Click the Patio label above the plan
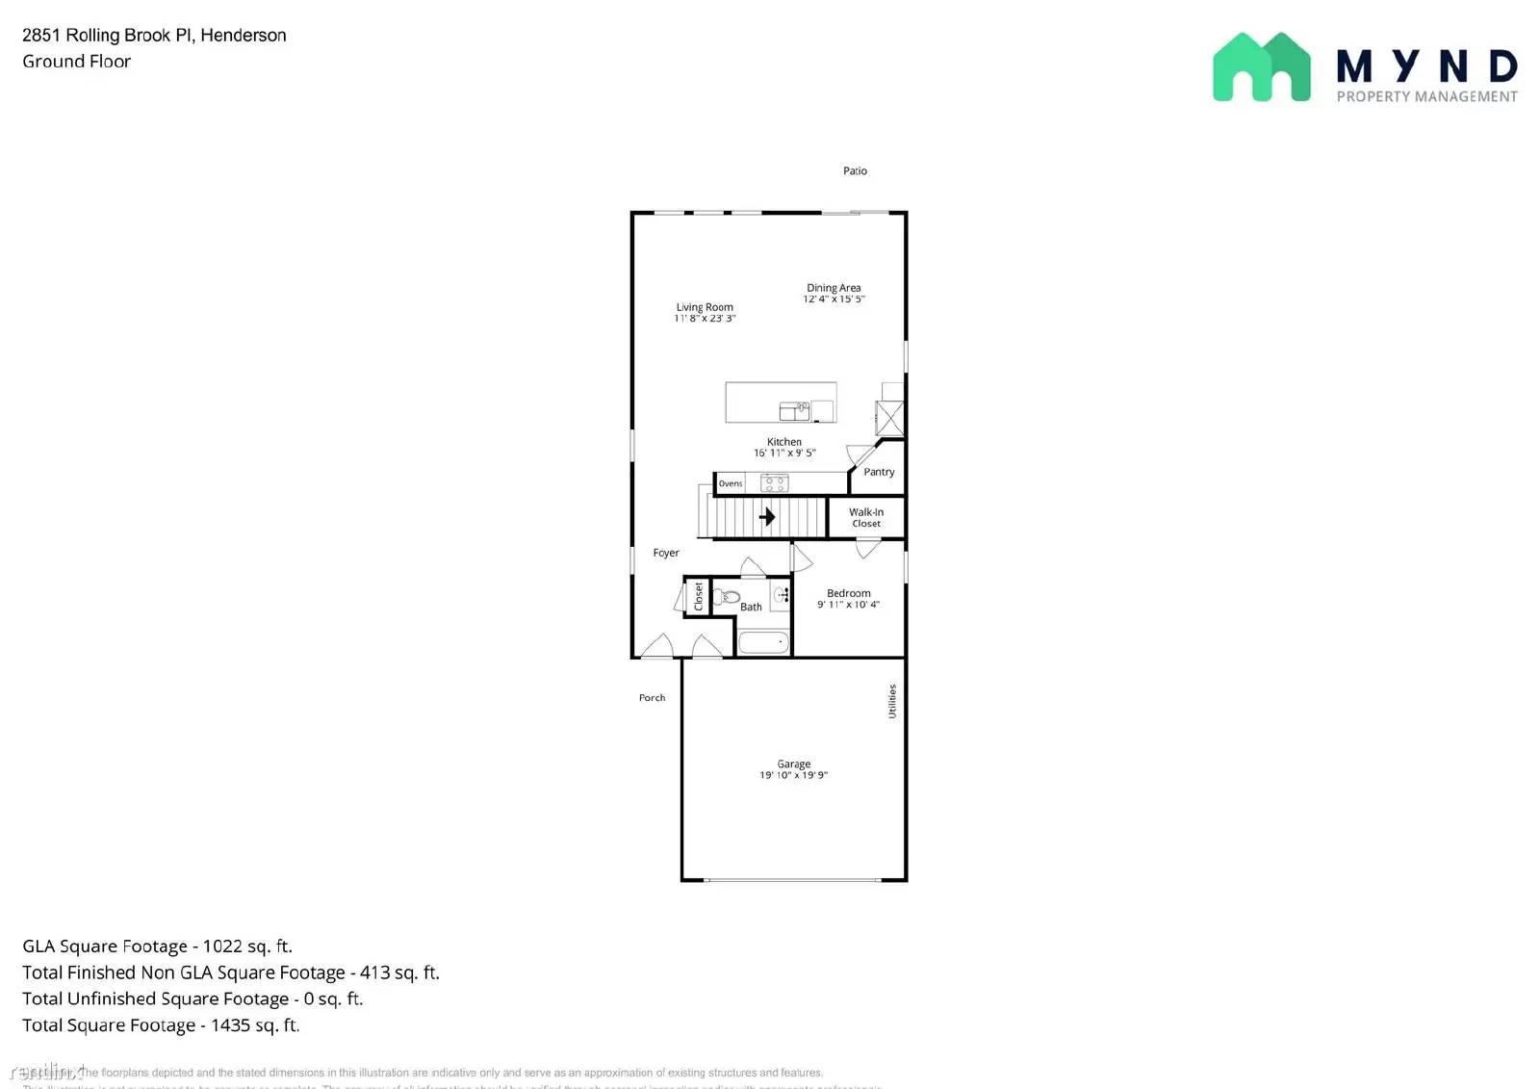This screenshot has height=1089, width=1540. (855, 171)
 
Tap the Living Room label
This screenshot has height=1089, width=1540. (705, 307)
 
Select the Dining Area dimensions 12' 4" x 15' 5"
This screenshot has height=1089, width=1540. (834, 299)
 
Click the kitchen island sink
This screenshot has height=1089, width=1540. (794, 411)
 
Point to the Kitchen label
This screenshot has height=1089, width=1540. (784, 442)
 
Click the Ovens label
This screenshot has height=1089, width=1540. (731, 483)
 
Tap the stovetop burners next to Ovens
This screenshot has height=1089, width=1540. (774, 483)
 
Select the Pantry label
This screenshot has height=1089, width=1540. (879, 472)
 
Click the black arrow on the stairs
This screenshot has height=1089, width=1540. (767, 517)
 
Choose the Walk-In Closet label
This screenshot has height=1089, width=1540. (866, 518)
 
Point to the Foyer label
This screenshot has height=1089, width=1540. (666, 553)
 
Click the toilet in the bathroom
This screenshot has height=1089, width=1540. (728, 597)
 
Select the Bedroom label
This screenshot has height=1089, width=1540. (849, 593)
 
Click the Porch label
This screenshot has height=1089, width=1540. (652, 698)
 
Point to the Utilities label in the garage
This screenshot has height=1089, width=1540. (892, 701)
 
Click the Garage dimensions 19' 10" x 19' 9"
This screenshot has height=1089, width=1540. (793, 775)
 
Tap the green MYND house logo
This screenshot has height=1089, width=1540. (1261, 67)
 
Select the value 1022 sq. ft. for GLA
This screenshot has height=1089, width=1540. (247, 946)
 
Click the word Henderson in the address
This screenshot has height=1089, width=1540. (244, 36)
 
